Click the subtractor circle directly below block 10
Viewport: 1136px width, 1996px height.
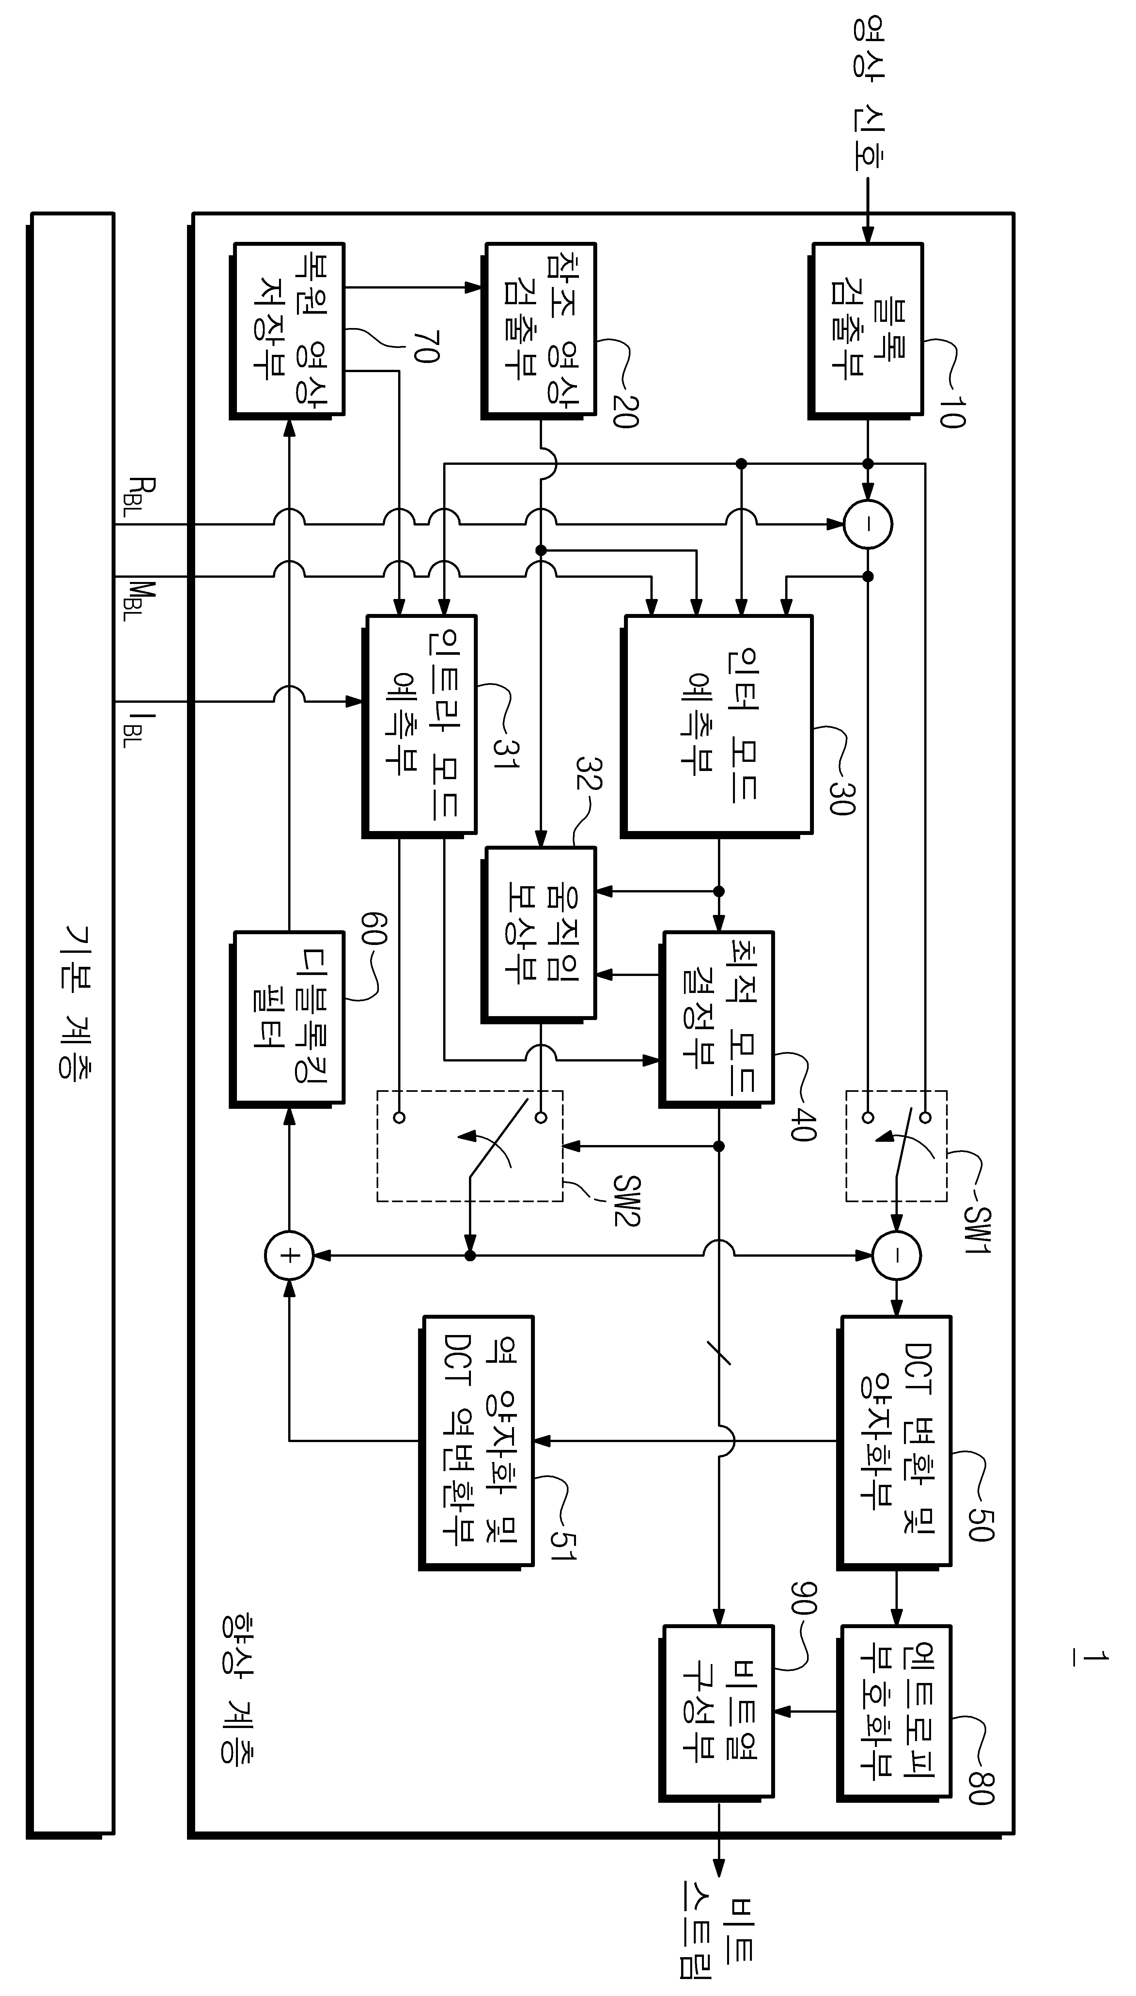(x=868, y=524)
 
